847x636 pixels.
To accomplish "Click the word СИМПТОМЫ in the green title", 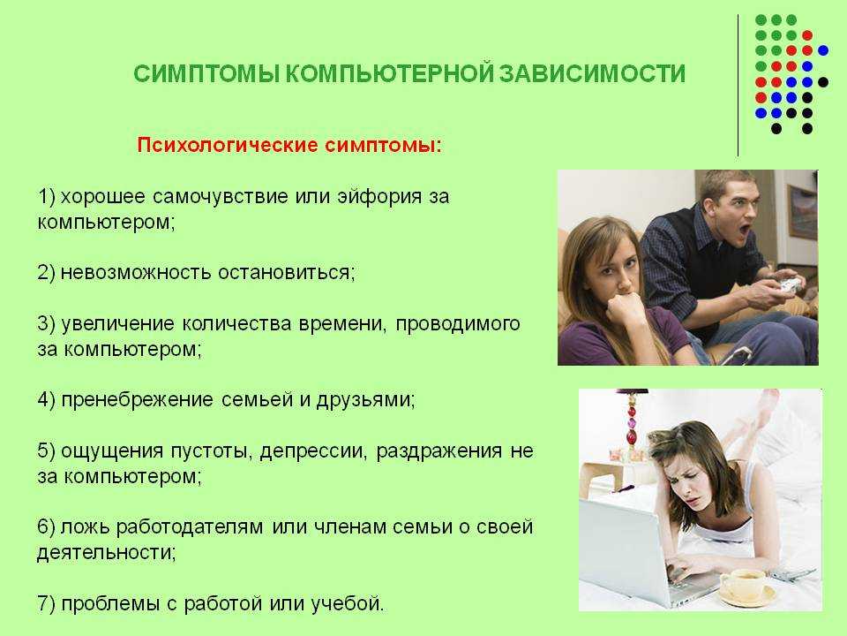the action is pos(206,73).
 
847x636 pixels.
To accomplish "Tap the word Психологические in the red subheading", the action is pos(228,145).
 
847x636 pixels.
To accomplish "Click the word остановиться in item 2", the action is pos(286,272).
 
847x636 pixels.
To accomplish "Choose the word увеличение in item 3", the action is pos(117,323).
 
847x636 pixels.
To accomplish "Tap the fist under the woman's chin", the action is pos(625,307).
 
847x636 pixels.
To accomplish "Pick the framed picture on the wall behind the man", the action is pos(802,212).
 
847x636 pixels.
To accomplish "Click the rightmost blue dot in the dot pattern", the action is pos(823,51).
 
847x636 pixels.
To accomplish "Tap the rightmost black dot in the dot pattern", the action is pos(823,82).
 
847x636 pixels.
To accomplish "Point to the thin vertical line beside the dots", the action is pos(738,86).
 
